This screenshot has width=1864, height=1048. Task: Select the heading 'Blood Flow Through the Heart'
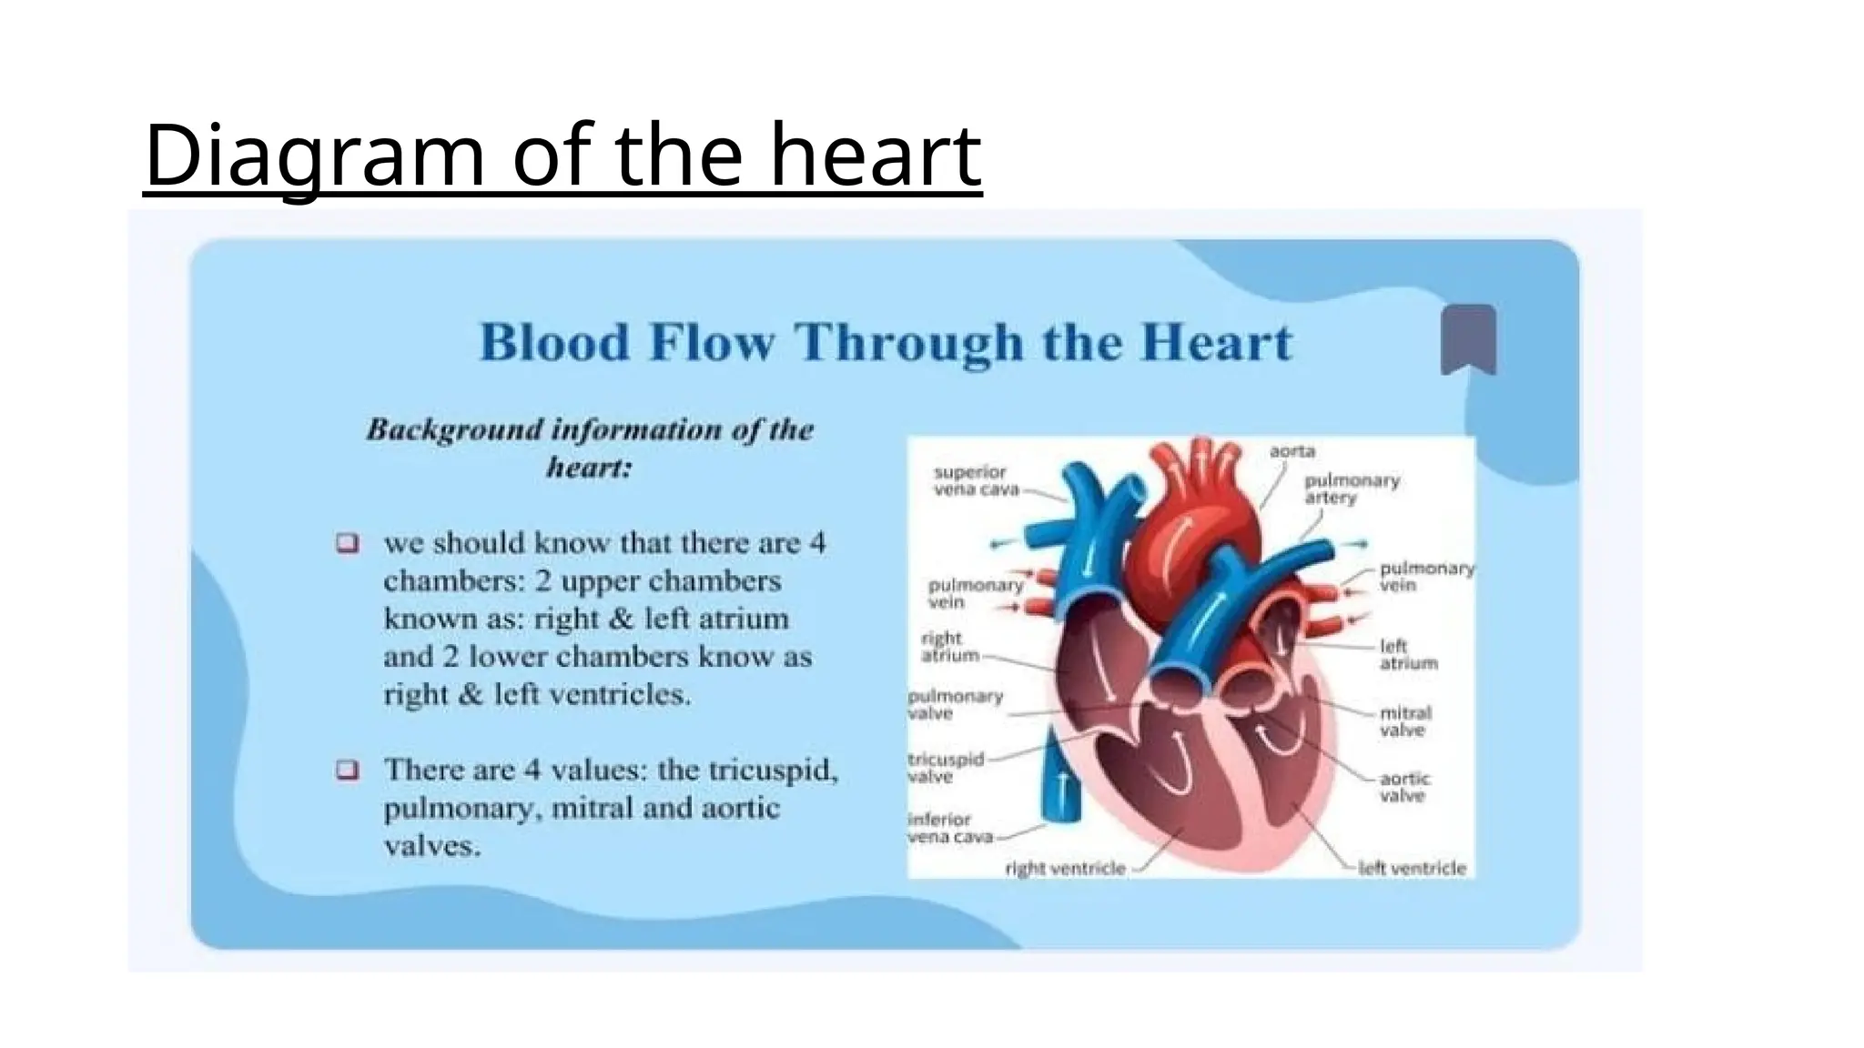tap(886, 343)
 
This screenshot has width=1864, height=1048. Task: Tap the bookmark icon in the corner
tap(1468, 339)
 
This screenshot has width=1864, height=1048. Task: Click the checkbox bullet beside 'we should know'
tap(348, 544)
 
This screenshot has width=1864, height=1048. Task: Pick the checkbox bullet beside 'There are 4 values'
tap(348, 771)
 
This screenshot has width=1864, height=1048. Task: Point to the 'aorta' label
tap(1292, 451)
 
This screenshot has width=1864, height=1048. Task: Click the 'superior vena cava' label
tap(970, 480)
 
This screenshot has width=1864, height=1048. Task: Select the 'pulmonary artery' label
tap(1351, 489)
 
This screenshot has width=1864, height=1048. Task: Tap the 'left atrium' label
tap(1407, 654)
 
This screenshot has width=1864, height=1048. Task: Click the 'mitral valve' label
tap(1404, 720)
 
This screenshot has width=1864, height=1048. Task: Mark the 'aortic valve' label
tap(1404, 787)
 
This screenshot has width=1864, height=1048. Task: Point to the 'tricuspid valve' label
tap(945, 767)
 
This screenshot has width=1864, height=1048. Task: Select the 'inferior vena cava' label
tap(948, 827)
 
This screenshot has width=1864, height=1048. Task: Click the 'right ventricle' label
tap(1065, 869)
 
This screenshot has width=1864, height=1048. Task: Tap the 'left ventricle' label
tap(1412, 869)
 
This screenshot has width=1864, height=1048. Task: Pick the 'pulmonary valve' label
tap(955, 704)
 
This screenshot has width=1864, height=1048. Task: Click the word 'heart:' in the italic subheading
tap(589, 469)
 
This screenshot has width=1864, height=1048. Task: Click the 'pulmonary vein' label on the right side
tap(1425, 576)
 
